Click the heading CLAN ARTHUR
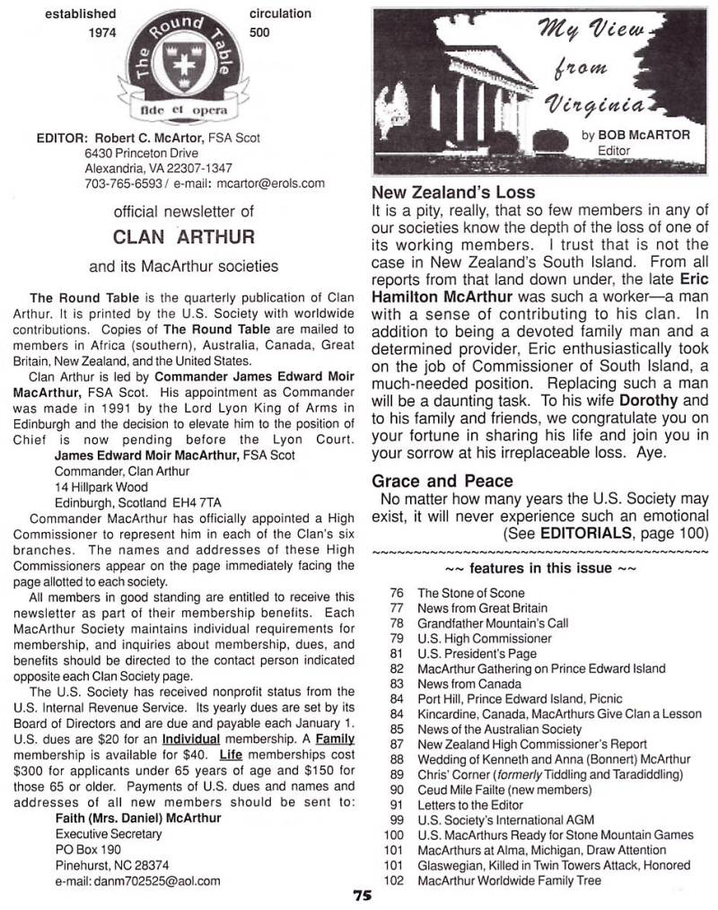tap(185, 237)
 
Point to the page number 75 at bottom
tap(362, 895)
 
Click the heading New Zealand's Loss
tap(452, 192)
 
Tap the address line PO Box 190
tap(88, 849)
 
